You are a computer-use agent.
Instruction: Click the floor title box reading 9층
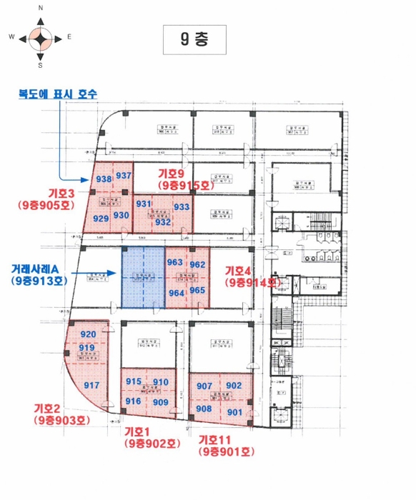(194, 40)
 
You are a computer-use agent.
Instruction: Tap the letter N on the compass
(41, 7)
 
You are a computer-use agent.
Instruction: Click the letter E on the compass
(69, 36)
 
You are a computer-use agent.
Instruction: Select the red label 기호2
(51, 409)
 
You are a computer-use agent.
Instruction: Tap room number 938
(104, 179)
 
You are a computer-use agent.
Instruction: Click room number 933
(182, 207)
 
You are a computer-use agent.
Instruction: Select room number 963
(175, 262)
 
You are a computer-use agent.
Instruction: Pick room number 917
(91, 386)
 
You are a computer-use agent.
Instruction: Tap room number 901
(234, 412)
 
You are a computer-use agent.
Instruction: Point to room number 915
(134, 382)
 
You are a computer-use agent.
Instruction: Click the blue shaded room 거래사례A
(143, 279)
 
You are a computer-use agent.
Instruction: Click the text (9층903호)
(61, 421)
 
